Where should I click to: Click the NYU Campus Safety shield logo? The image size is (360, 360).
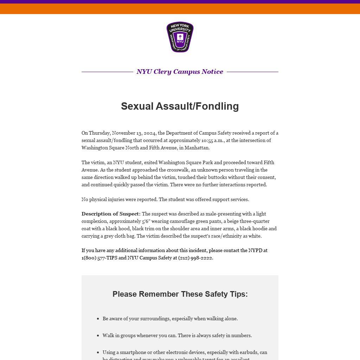[x=180, y=37]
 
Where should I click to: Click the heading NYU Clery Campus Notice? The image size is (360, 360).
[x=180, y=72]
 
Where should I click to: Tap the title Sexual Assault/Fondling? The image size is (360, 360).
[x=180, y=106]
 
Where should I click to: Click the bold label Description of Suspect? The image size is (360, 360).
[x=111, y=214]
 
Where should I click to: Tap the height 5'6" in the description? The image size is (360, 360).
[x=146, y=221]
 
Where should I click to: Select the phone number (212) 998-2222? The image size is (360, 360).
[x=195, y=258]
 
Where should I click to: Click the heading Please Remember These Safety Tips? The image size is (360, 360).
[x=180, y=294]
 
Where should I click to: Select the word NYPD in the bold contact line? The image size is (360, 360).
[x=255, y=250]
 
